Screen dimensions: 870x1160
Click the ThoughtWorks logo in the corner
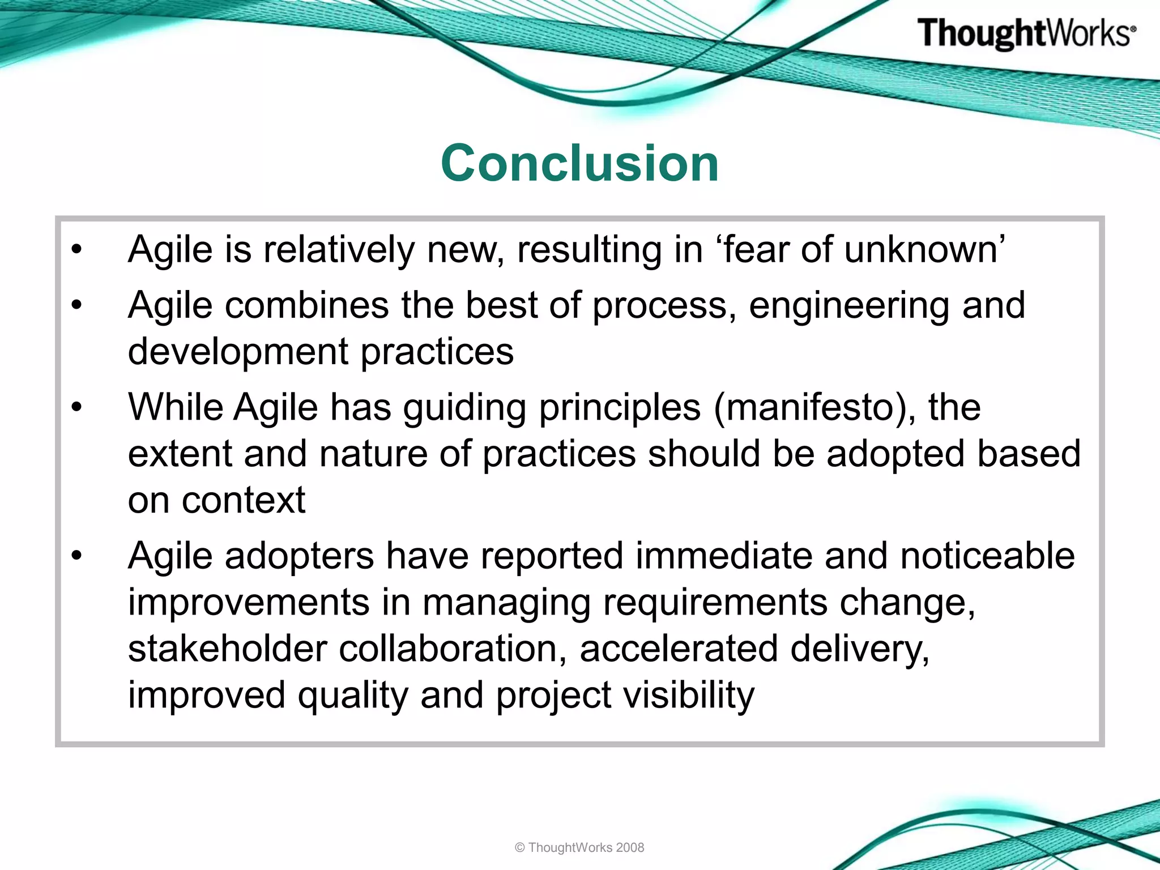point(1026,33)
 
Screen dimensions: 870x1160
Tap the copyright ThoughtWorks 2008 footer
point(579,847)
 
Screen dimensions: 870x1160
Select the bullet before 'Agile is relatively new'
point(77,249)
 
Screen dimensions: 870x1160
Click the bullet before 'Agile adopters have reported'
point(77,556)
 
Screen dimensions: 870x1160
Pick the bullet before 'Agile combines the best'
point(77,305)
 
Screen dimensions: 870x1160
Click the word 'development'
point(238,352)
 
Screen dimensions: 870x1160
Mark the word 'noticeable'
point(987,556)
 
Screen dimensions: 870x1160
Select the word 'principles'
point(620,408)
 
